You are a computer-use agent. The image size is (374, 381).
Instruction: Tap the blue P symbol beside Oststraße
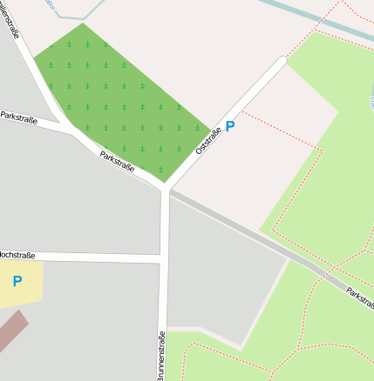tap(230, 127)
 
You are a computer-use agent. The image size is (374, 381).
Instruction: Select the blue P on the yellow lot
tap(17, 282)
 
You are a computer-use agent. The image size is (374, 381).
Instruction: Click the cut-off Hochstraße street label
tap(17, 255)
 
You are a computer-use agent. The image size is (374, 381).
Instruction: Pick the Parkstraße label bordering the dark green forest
tap(117, 162)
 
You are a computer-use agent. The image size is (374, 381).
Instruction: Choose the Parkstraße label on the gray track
tap(359, 297)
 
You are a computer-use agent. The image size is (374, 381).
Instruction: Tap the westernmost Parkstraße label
tap(18, 117)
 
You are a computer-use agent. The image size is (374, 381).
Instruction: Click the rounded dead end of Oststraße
tap(281, 62)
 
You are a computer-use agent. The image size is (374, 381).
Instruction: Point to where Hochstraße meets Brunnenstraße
tap(163, 257)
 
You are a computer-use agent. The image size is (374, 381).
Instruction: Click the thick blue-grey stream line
tap(323, 23)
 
